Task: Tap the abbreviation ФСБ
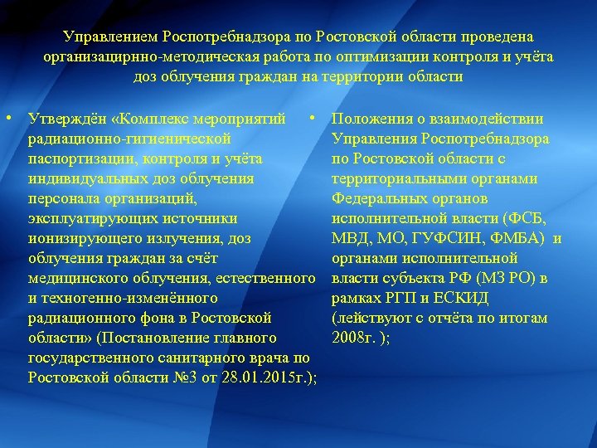(526, 218)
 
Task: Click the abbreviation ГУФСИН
(449, 239)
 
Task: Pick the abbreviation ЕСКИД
(464, 298)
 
